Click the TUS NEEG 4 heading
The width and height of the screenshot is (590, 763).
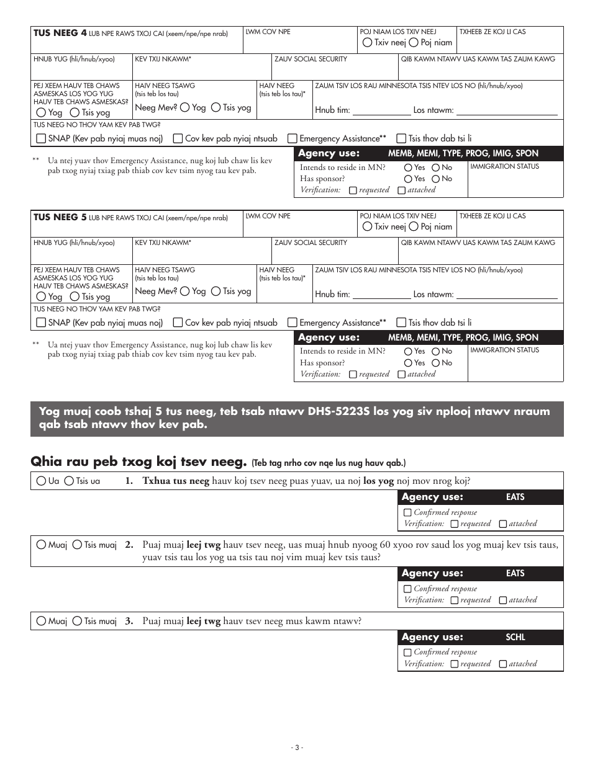tap(60, 33)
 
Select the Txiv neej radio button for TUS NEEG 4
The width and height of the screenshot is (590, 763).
tap(368, 43)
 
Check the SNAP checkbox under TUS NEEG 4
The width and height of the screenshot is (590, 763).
tap(41, 139)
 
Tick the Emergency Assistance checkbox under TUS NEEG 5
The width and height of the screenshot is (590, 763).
tap(291, 323)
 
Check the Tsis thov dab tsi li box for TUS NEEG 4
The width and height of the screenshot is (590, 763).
tap(401, 139)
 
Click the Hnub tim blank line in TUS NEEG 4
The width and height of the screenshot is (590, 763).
tap(381, 111)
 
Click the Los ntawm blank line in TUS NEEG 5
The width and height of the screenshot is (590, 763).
tap(509, 295)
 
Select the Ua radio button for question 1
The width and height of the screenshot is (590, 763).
tap(42, 481)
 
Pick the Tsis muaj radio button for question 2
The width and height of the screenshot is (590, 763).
tap(77, 545)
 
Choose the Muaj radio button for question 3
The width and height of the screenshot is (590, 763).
tap(42, 621)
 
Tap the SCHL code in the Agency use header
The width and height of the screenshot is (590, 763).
tap(515, 637)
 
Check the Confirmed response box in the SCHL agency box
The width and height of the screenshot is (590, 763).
tap(407, 653)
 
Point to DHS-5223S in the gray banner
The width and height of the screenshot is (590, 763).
tap(338, 412)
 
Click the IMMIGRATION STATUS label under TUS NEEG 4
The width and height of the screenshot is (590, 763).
tap(504, 167)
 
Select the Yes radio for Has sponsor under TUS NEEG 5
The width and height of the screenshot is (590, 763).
tap(408, 363)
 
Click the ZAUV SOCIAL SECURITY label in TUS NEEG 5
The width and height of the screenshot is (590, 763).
tap(311, 243)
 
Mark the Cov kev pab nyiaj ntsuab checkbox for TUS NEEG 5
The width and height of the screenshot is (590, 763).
tap(178, 323)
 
